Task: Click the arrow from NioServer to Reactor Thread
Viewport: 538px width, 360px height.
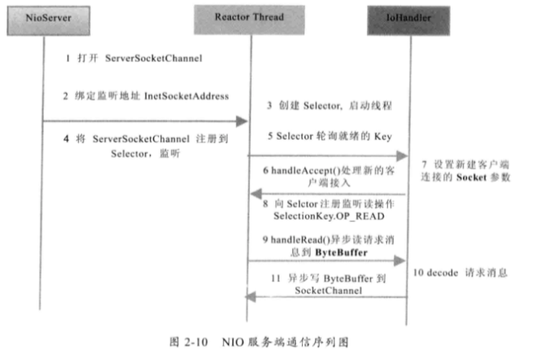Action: (x=145, y=121)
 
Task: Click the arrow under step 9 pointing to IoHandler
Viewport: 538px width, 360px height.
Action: (x=328, y=261)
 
